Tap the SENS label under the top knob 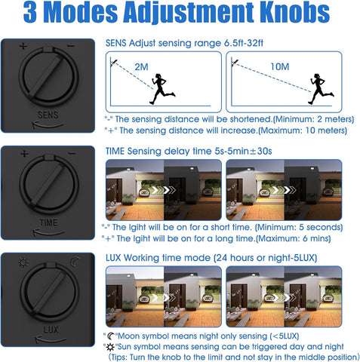(48, 115)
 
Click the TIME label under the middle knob (48, 222)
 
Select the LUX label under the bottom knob (51, 330)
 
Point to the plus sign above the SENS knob (23, 46)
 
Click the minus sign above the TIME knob (72, 153)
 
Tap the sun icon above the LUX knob (23, 262)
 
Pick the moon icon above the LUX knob (75, 262)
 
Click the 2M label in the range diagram (141, 67)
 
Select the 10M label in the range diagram (280, 66)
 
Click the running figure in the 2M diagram (162, 89)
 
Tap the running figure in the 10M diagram (321, 89)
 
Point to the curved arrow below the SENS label (48, 125)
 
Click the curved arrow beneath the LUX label (51, 339)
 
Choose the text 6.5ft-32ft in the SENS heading (244, 43)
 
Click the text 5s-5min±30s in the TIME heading (243, 152)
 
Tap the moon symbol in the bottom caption (111, 336)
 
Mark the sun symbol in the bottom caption (110, 347)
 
